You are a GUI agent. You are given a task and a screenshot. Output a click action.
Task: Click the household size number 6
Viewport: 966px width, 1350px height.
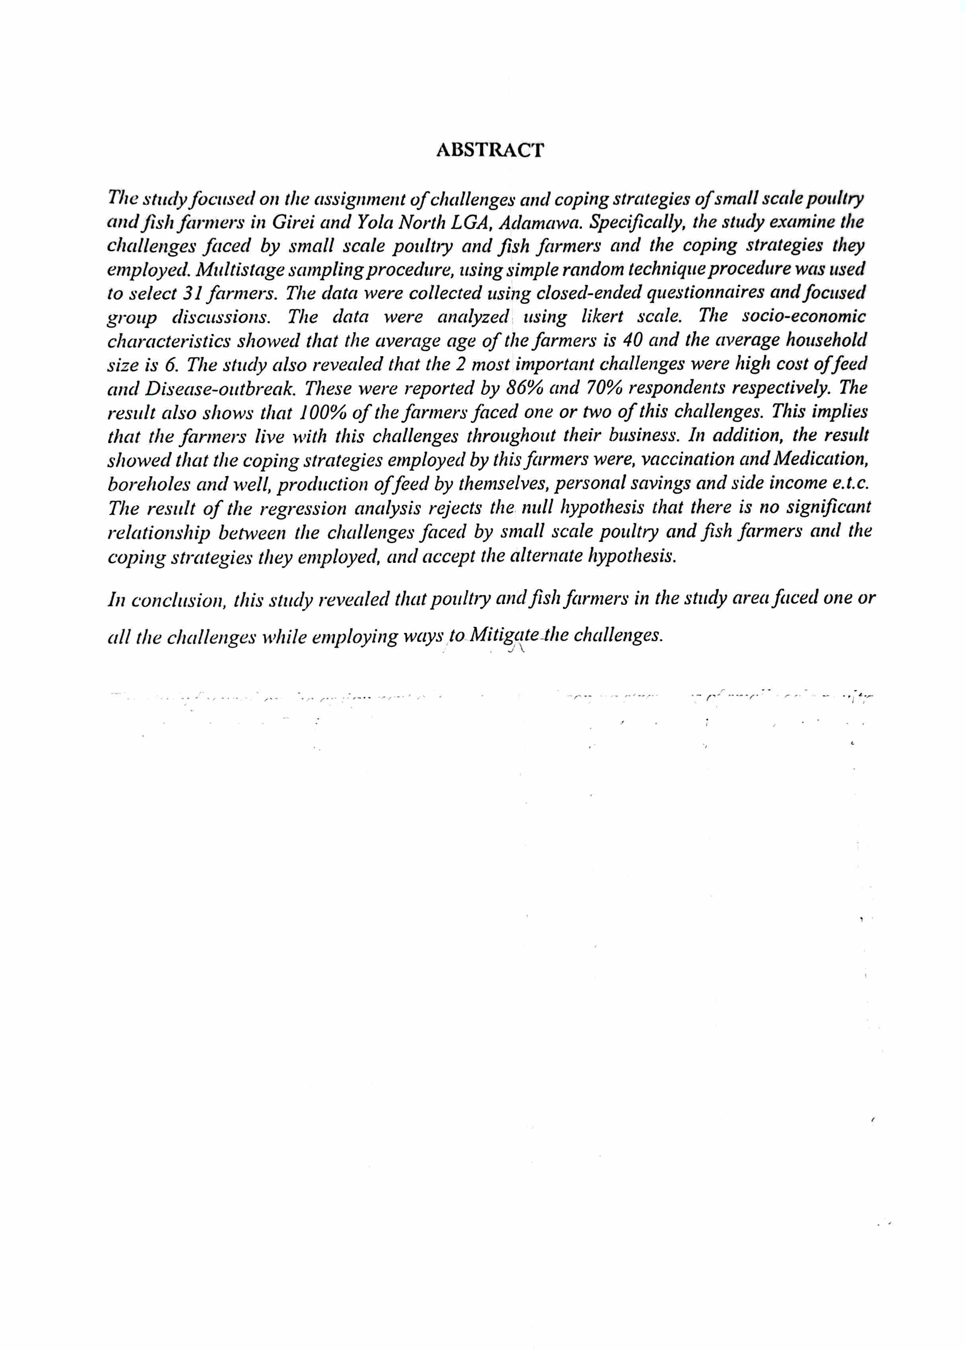(169, 364)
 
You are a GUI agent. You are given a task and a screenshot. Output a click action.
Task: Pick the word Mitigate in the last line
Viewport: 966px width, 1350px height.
(504, 635)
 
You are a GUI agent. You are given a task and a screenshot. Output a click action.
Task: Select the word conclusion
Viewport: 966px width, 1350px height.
(178, 600)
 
